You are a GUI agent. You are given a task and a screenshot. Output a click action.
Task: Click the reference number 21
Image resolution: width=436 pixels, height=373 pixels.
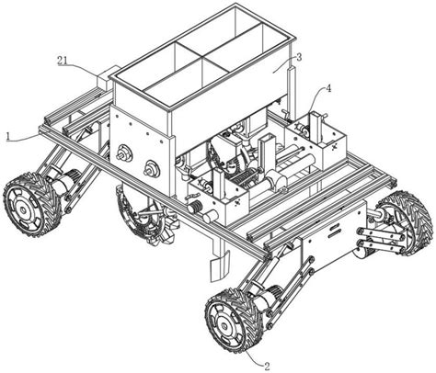click(63, 61)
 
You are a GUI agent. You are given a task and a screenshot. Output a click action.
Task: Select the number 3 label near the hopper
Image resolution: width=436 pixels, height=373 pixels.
click(299, 57)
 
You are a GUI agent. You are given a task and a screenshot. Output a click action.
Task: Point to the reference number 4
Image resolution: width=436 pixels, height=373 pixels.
click(328, 89)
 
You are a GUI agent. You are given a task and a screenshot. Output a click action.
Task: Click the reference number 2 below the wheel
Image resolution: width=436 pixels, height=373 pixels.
click(267, 367)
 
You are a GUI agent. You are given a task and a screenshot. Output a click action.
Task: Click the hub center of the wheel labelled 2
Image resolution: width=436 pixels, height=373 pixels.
click(226, 326)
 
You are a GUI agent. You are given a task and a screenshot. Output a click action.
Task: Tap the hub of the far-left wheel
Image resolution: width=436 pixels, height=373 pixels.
click(23, 210)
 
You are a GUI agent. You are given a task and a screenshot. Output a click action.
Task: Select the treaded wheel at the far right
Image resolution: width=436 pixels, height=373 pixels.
click(407, 223)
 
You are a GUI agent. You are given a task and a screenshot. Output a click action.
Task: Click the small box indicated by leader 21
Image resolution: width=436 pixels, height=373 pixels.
click(105, 80)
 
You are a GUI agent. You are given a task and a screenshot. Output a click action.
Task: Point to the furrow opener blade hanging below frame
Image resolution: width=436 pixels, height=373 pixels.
click(220, 265)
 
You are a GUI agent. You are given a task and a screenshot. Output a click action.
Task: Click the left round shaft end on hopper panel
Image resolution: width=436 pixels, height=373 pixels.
click(124, 152)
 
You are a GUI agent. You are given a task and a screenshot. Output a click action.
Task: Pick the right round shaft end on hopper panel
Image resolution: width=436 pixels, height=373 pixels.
click(152, 168)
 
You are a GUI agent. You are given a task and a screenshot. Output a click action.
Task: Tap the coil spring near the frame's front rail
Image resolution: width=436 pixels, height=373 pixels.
click(194, 207)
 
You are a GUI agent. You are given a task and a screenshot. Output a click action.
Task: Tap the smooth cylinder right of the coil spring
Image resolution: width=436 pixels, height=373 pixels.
click(211, 216)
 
